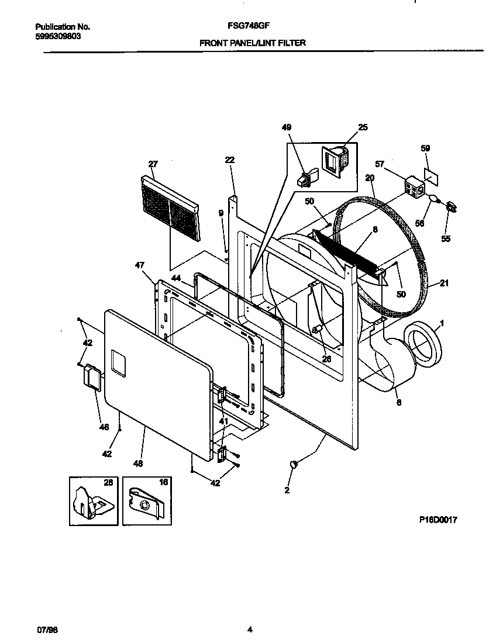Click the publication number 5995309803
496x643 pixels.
coord(58,36)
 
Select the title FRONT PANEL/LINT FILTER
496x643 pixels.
coord(252,43)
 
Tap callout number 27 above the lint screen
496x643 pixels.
coord(153,164)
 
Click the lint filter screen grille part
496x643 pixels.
coord(169,208)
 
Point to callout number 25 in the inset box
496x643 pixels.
coord(363,127)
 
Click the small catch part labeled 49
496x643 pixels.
coord(306,177)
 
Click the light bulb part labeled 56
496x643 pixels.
coord(435,199)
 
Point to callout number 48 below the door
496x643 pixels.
coord(137,464)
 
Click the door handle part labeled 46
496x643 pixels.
coord(92,376)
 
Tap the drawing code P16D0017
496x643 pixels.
coord(438,520)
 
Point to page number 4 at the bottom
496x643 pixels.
coord(250,630)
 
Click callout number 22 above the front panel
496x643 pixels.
coord(229,160)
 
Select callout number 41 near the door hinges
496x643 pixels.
coord(223,421)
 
